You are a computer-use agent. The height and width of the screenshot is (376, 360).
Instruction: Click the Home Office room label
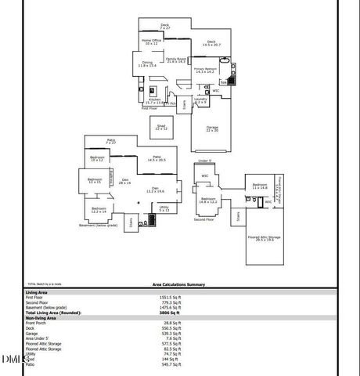[151, 42]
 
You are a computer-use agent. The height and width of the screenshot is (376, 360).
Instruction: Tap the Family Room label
[176, 60]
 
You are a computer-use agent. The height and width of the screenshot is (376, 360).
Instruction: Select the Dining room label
[148, 64]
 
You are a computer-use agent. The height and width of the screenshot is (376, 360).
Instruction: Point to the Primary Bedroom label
[205, 70]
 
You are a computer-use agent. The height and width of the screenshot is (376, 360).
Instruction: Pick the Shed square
[161, 127]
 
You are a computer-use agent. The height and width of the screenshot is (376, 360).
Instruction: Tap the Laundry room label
[200, 100]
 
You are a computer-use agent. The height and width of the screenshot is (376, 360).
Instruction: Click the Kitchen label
[155, 100]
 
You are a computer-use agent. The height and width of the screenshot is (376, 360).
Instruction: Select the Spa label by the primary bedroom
[224, 81]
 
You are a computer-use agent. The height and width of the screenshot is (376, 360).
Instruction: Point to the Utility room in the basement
[164, 208]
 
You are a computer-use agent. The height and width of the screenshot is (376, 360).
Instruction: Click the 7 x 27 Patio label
[111, 141]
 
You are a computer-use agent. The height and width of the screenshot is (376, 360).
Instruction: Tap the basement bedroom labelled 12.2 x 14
[99, 210]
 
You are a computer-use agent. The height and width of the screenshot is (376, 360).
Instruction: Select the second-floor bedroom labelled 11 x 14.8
[260, 186]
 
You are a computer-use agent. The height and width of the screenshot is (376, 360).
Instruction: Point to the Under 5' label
[205, 161]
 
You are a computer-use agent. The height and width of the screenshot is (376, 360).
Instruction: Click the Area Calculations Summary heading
[178, 284]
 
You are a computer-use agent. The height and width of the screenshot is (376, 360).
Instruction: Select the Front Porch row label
[38, 322]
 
